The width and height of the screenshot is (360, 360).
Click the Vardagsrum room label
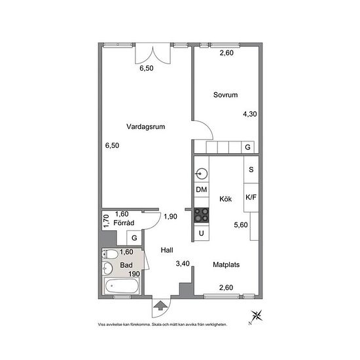tap(145, 126)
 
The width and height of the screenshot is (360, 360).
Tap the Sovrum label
tap(225, 95)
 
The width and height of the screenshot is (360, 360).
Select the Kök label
tap(225, 199)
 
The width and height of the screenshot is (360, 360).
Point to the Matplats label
tap(226, 264)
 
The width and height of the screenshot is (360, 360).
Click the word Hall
tap(167, 250)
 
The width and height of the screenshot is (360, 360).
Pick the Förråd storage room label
tap(124, 223)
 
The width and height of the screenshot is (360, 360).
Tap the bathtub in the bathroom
tap(122, 286)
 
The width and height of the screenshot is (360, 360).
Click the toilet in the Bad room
tap(110, 254)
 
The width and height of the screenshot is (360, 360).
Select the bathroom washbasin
tap(107, 268)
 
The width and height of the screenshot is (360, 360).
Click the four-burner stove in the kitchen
tap(202, 215)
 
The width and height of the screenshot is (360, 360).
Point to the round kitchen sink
tap(202, 174)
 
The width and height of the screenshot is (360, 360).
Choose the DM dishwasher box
tap(202, 190)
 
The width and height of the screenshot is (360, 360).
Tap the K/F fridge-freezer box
tap(251, 198)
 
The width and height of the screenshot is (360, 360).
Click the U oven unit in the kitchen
tap(202, 233)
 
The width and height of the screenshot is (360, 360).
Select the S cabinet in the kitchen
tap(251, 170)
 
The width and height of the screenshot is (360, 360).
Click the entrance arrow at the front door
tap(160, 305)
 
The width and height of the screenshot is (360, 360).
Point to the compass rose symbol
tap(256, 317)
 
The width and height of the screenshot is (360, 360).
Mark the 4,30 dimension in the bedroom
tap(250, 114)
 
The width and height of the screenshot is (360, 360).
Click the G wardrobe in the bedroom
tap(247, 147)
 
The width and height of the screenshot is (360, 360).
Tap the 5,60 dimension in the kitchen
tap(241, 225)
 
